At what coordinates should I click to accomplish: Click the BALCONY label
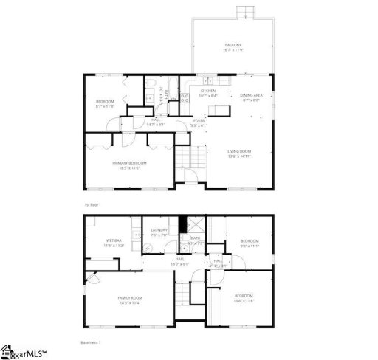coord(233,45)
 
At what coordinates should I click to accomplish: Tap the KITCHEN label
coord(207,91)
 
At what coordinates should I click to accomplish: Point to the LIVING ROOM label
coord(241,151)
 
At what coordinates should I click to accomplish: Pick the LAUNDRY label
coord(159,231)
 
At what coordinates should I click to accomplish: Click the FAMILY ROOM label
coord(130,297)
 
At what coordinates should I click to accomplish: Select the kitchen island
coord(218,111)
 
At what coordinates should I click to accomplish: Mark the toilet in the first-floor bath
coord(148,83)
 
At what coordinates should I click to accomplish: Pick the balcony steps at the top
coord(245,13)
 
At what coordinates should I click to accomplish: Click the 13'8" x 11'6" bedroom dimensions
coord(244,300)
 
